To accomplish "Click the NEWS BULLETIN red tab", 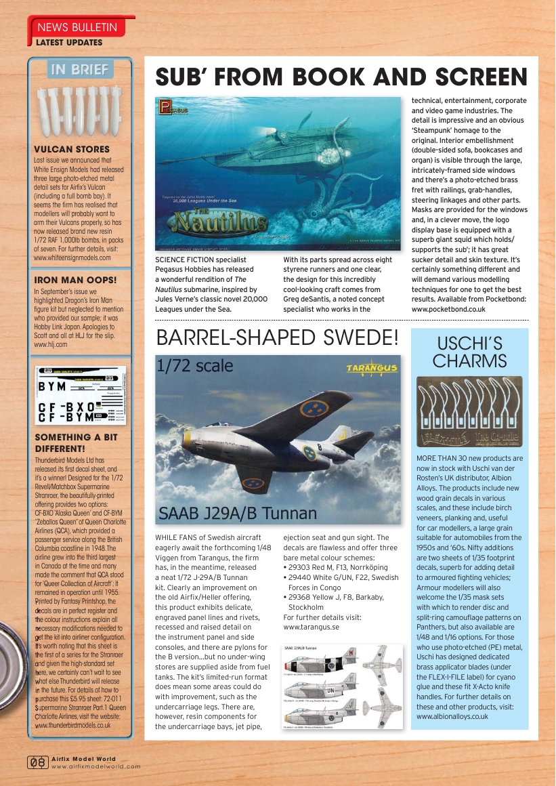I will click(x=77, y=28).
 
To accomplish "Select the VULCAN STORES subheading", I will click(x=71, y=149).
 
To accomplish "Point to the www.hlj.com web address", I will click(x=50, y=344).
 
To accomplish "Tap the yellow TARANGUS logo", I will click(x=372, y=367).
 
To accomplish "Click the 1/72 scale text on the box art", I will click(x=195, y=367).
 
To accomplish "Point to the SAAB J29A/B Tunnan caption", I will click(x=237, y=513).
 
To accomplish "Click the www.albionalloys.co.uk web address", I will click(x=452, y=716).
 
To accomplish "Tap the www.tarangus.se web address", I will click(x=312, y=627).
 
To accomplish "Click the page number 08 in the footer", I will click(x=37, y=763).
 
